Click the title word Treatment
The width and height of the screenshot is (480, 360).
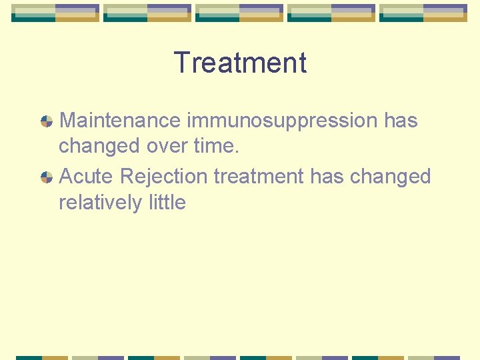pos(240,63)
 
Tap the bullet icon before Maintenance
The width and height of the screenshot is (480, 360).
pos(47,121)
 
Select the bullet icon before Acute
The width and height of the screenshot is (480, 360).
pos(47,177)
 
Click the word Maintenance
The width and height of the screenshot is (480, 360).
pos(120,121)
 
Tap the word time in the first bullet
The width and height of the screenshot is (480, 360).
pos(217,146)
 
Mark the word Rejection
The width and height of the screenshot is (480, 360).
pos(164,177)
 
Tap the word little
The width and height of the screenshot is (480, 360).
pos(164,202)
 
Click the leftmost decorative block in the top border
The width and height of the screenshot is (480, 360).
pos(55,13)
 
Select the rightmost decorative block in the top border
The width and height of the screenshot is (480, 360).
pos(423,13)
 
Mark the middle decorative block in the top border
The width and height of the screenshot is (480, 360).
pos(239,13)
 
